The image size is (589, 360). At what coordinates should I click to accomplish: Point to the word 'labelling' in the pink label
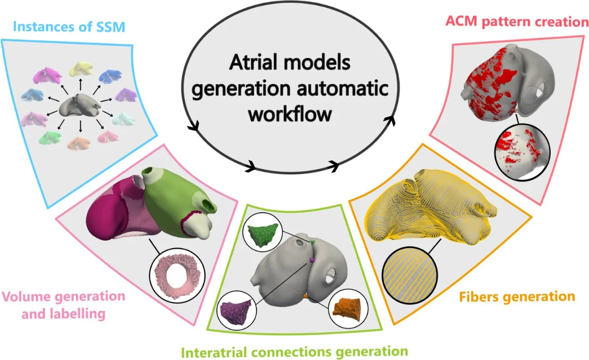coord(63,314)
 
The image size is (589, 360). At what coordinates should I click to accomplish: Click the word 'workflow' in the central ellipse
coord(290,114)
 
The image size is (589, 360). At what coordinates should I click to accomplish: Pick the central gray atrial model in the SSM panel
coord(80,105)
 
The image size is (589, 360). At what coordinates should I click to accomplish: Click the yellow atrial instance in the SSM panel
coord(81,69)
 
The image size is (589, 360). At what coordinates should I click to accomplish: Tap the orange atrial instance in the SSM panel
coord(79,143)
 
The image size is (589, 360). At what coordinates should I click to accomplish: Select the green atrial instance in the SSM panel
coord(50,138)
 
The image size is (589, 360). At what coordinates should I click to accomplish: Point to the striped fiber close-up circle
coord(409,275)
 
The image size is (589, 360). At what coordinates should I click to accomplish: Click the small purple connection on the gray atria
coord(312,259)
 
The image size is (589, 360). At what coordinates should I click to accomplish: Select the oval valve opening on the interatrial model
coord(330,277)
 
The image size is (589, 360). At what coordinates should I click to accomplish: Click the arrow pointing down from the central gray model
coord(80,126)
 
